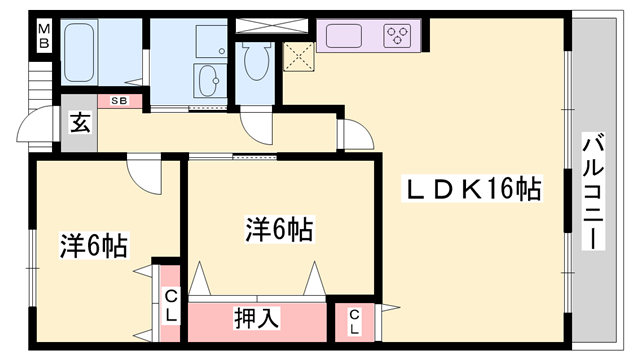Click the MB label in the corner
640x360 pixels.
coord(44,39)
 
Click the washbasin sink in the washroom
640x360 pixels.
coord(209,79)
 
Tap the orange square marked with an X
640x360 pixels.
coord(297,56)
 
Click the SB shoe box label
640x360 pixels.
coord(119,101)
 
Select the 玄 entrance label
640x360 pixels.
coord(79,124)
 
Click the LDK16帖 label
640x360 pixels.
coord(472,188)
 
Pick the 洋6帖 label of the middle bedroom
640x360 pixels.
coord(280,230)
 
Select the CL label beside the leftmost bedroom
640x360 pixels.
coord(171,305)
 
